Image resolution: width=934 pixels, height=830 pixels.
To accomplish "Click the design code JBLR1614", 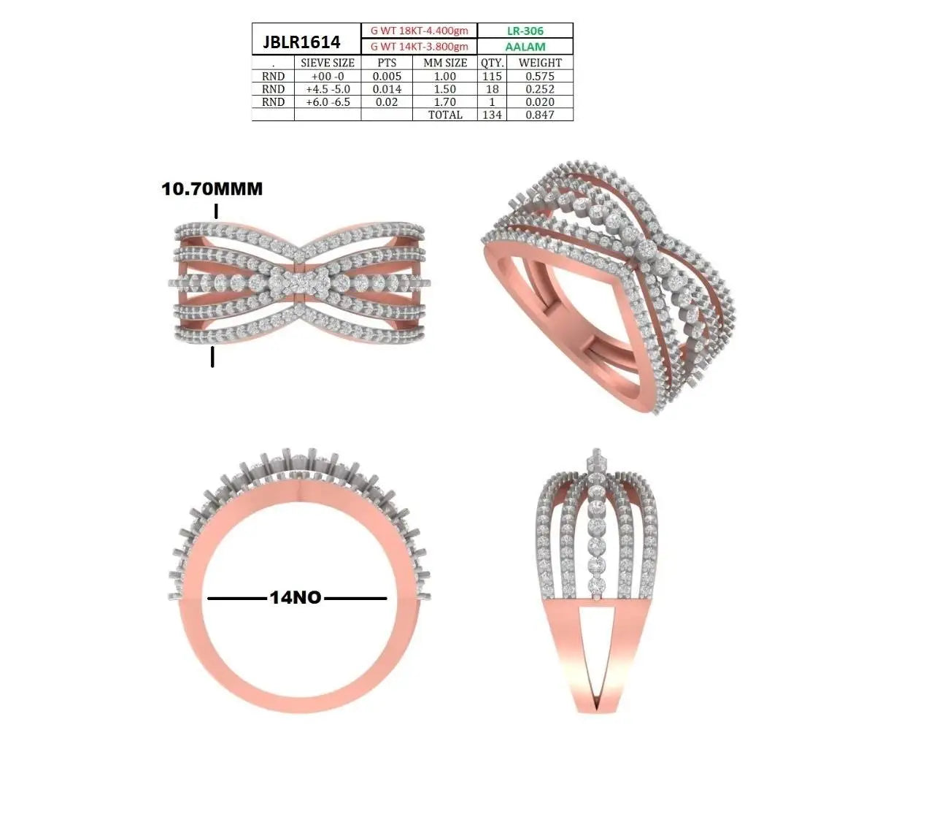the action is pyautogui.click(x=301, y=42).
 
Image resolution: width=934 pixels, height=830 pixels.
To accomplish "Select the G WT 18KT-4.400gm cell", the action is pyautogui.click(x=419, y=31).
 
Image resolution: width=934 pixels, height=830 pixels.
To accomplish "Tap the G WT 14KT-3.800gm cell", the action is pyautogui.click(x=419, y=46).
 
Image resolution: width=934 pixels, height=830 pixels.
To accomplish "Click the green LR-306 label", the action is pyautogui.click(x=525, y=31).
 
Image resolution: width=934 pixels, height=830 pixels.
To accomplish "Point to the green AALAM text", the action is pyautogui.click(x=525, y=47).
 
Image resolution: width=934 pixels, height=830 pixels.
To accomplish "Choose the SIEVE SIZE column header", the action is pyautogui.click(x=328, y=63).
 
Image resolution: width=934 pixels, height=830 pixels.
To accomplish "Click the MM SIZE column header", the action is pyautogui.click(x=445, y=63).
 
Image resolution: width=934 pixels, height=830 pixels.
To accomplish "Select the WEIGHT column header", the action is pyautogui.click(x=540, y=63).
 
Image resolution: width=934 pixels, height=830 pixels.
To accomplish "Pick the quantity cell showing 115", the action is pyautogui.click(x=492, y=76).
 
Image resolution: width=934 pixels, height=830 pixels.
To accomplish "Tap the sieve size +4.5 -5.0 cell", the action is pyautogui.click(x=328, y=89).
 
